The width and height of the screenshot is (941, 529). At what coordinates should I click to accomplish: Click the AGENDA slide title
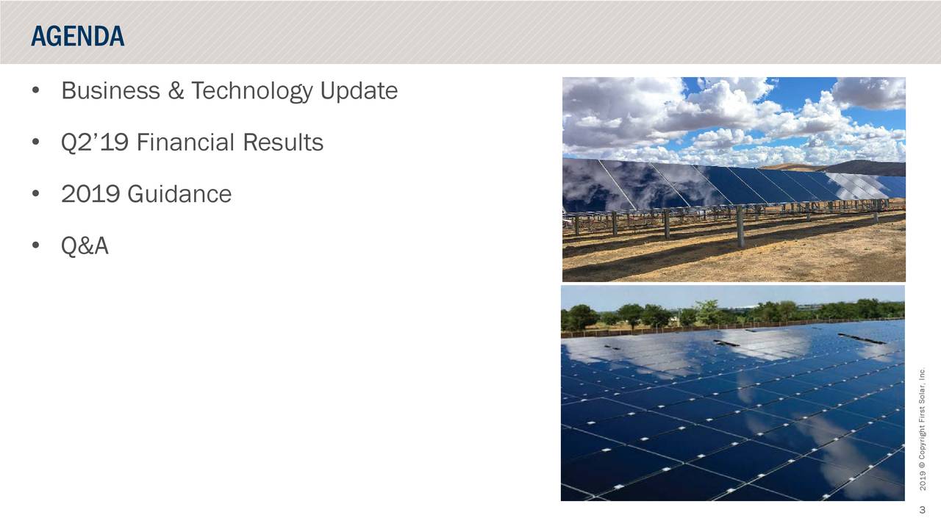[x=77, y=36]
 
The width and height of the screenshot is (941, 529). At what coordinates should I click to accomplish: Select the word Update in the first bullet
[x=359, y=91]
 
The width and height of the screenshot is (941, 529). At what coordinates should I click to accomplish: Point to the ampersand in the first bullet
[x=176, y=91]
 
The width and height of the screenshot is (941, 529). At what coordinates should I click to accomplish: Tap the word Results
[x=283, y=143]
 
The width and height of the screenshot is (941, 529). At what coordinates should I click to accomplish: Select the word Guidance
[x=179, y=195]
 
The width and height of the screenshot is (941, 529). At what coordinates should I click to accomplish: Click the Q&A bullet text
[x=85, y=247]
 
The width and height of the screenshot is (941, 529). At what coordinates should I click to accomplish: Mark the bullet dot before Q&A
[x=36, y=248]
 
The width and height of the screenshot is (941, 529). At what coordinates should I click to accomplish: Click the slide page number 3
[x=921, y=511]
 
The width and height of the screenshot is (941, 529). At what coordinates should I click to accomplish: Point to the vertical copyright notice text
[x=922, y=430]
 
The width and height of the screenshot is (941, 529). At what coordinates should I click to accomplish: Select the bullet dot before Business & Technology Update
[x=36, y=92]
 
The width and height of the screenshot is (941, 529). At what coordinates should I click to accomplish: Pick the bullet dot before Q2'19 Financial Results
[x=36, y=143]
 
